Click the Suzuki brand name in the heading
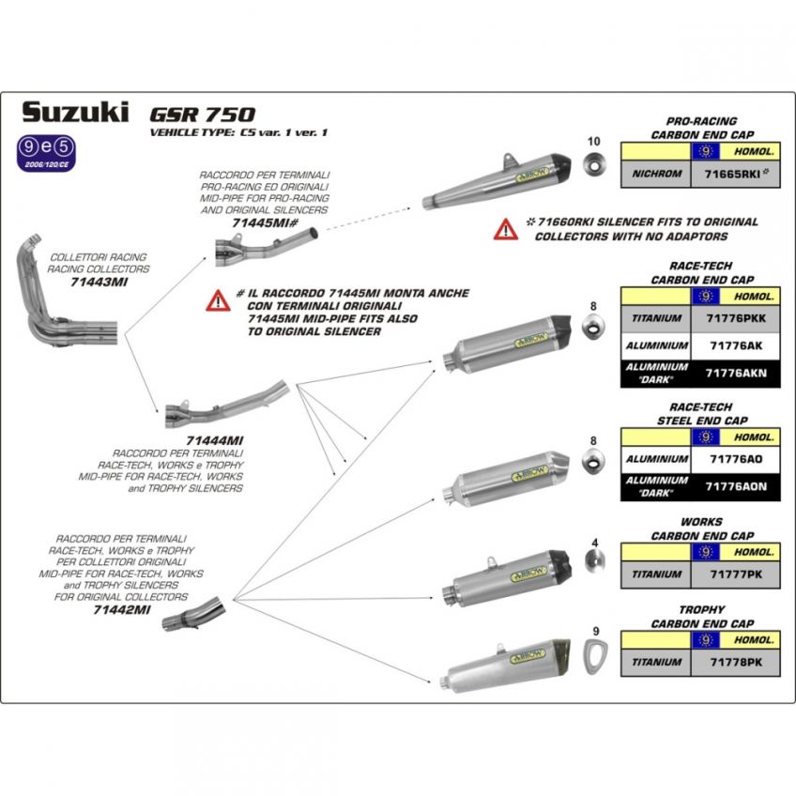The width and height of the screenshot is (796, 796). click(74, 113)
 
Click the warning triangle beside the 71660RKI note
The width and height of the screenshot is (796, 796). click(506, 229)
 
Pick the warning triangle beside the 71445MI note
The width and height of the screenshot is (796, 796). click(219, 301)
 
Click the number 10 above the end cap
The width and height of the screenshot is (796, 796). click(592, 141)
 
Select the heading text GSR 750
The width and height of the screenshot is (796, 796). click(202, 114)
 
